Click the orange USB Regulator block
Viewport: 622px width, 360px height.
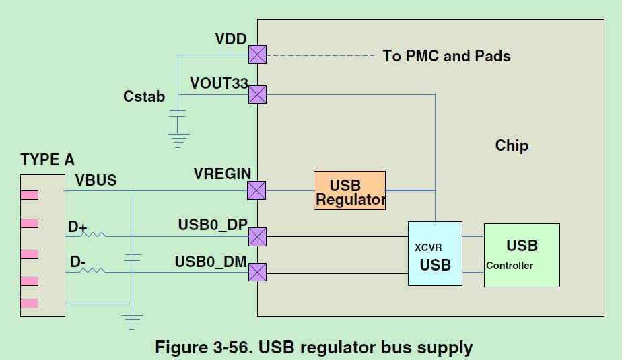click(x=349, y=190)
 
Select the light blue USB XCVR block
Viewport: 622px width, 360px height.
click(x=435, y=254)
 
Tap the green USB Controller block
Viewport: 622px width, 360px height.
click(x=522, y=255)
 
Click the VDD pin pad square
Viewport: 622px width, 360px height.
click(x=257, y=55)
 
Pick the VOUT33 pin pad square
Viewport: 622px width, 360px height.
click(x=257, y=94)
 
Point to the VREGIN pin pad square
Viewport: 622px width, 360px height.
click(x=256, y=190)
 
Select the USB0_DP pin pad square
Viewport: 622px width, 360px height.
click(x=257, y=236)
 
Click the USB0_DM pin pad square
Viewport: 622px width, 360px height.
click(x=257, y=273)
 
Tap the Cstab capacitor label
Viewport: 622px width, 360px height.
click(x=144, y=96)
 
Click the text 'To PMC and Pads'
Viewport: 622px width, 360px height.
click(x=446, y=56)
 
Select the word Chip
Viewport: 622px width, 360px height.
click(x=512, y=145)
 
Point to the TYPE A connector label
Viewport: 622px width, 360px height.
click(x=47, y=159)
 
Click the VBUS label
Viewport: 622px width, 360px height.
click(x=96, y=180)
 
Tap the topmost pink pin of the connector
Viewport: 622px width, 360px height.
click(x=29, y=195)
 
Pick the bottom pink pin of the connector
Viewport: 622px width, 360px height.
click(x=29, y=303)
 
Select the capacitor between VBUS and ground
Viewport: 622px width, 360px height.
click(x=134, y=258)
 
